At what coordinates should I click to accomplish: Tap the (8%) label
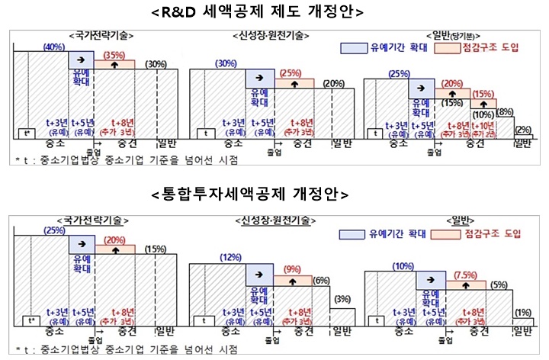(505, 111)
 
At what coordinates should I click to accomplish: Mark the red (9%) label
(293, 269)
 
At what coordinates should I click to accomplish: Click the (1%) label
(522, 312)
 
